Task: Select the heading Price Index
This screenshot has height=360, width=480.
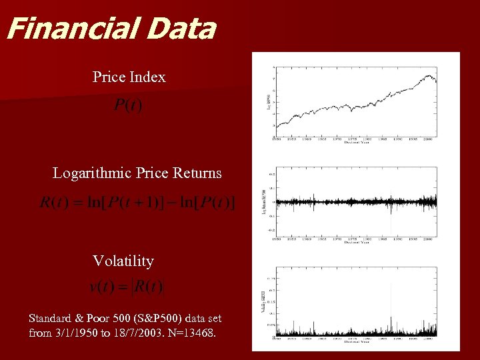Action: point(129,77)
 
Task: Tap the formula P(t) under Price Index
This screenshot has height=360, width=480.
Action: point(127,105)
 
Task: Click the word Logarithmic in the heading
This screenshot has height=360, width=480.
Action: point(92,173)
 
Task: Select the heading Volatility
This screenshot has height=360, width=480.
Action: point(123,261)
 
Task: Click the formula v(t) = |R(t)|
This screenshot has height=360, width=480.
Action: point(126,287)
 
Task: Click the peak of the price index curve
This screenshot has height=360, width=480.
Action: point(427,75)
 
